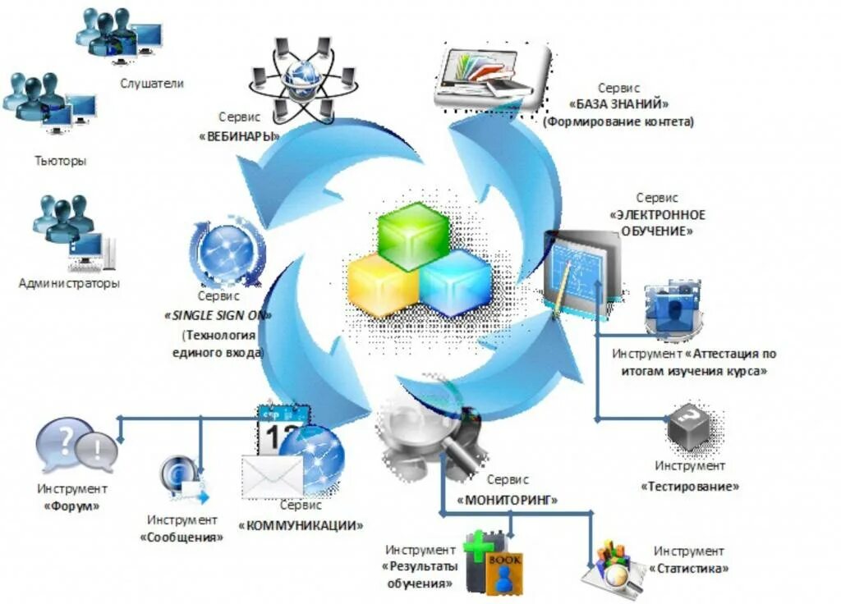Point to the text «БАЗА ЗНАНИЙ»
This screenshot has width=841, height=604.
[618, 104]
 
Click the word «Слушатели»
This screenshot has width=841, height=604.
[152, 83]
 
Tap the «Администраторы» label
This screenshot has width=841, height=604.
[69, 283]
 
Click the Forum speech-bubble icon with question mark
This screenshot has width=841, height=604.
[59, 446]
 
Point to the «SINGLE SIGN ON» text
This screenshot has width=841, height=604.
[219, 315]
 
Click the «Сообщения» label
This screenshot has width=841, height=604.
[182, 538]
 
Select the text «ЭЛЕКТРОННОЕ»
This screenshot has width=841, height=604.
[657, 215]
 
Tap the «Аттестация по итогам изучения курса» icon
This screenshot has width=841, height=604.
[673, 309]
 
